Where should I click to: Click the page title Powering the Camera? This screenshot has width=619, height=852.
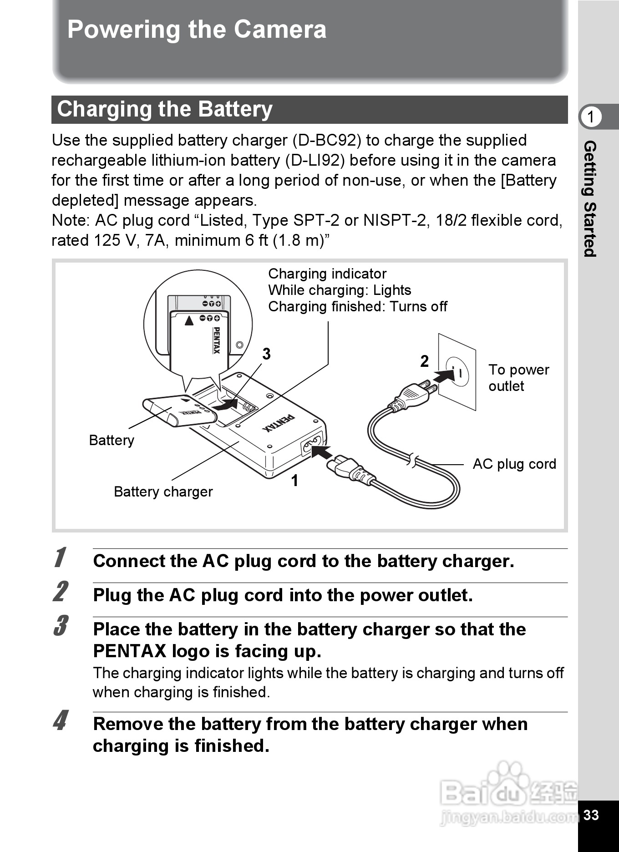tap(197, 30)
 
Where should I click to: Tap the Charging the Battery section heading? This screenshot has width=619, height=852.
tap(165, 110)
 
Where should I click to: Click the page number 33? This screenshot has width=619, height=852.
tap(591, 815)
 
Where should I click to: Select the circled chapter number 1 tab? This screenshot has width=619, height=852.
tap(591, 117)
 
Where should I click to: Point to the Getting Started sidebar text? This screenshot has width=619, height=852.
tap(590, 199)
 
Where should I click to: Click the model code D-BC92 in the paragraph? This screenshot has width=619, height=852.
tap(326, 140)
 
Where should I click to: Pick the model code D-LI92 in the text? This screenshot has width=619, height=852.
tap(315, 160)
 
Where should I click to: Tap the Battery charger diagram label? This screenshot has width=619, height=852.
tap(163, 492)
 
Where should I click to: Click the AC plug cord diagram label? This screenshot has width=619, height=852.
tap(514, 464)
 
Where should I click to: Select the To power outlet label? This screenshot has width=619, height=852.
tap(518, 378)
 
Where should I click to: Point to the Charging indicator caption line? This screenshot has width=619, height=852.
tap(327, 274)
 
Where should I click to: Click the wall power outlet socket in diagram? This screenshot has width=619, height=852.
tap(458, 372)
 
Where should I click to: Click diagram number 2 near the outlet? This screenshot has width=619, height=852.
tap(424, 361)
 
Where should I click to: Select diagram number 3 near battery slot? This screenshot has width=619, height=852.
tap(266, 354)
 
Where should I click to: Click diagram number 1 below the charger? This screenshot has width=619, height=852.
tap(295, 481)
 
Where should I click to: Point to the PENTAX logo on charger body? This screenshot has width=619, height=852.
tap(279, 423)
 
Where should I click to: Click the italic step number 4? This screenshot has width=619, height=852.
tap(60, 720)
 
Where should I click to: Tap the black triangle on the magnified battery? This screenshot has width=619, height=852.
tap(189, 321)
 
